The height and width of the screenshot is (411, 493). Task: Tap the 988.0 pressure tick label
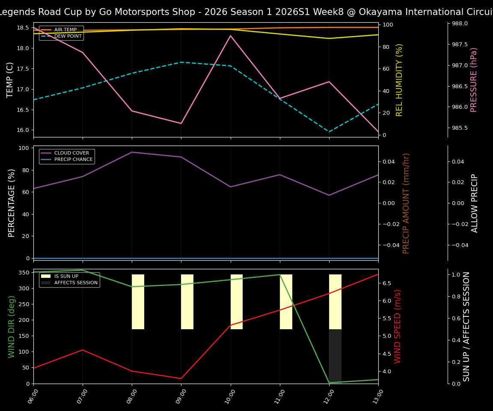(x=458, y=24)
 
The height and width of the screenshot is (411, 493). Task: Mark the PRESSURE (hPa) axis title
(x=474, y=80)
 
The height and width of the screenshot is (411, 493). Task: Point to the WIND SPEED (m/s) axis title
(x=398, y=326)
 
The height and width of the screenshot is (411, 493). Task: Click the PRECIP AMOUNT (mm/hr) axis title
(x=407, y=203)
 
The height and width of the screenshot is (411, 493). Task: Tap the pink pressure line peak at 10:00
(x=231, y=36)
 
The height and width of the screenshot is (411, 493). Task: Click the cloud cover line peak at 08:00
(x=132, y=152)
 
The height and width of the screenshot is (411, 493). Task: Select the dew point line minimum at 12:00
(x=329, y=132)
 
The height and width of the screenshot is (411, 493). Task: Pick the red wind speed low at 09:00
(x=181, y=378)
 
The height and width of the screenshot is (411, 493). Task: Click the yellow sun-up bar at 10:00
(x=237, y=302)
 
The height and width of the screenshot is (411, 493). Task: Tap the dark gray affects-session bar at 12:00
(x=335, y=355)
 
